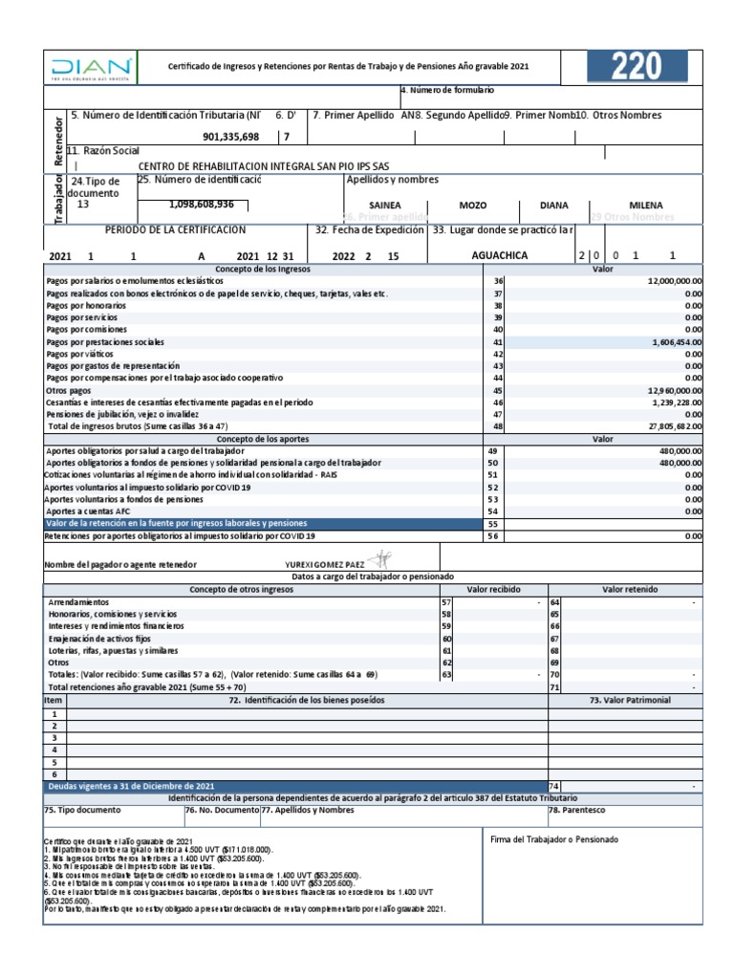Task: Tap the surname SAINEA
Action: point(385,206)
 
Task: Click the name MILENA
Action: point(646,205)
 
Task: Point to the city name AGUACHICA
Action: point(499,255)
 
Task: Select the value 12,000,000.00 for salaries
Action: point(675,280)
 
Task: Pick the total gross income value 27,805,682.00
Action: point(675,425)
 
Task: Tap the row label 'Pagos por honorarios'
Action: point(86,305)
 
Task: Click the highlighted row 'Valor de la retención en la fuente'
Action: point(177,523)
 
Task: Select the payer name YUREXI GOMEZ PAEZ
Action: point(325,564)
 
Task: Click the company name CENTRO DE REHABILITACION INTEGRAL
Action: point(263,166)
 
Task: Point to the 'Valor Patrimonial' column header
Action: point(631,700)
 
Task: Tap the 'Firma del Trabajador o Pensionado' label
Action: point(554,839)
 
